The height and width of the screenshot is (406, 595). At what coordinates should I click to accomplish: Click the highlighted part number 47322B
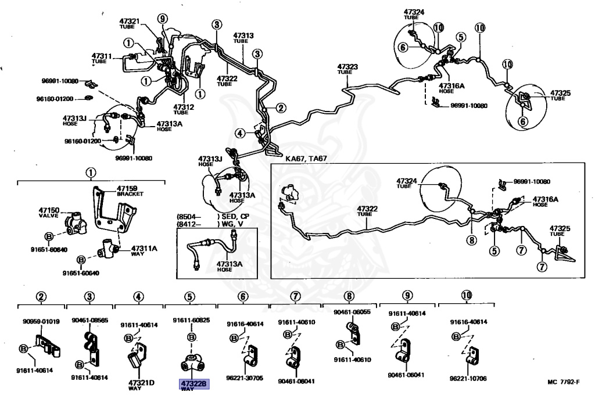[x=193, y=383]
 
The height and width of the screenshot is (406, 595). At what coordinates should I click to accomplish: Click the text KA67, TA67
[x=306, y=157]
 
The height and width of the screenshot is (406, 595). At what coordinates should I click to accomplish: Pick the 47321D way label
[x=141, y=384]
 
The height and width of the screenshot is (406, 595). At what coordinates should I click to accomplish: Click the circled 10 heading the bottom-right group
[x=467, y=295]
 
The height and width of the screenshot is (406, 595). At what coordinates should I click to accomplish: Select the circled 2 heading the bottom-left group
[x=41, y=296]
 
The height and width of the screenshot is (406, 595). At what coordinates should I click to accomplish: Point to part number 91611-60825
[x=191, y=320]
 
